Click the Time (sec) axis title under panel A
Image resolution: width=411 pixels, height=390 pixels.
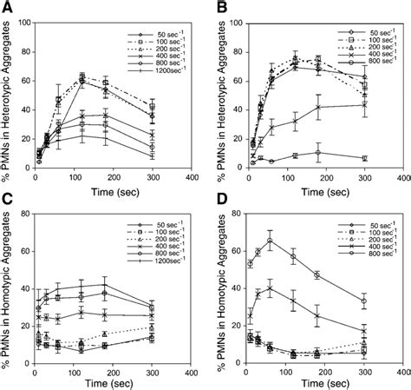(112, 181)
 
